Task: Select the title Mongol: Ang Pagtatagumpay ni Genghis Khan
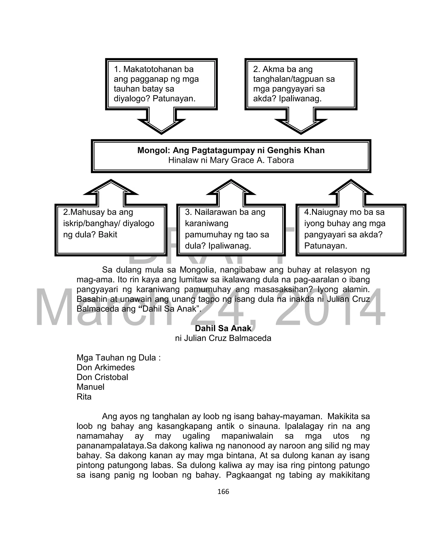pyautogui.click(x=231, y=150)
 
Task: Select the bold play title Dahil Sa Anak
pyautogui.click(x=223, y=328)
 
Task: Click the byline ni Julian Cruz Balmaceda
pyautogui.click(x=223, y=338)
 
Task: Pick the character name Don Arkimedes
pyautogui.click(x=105, y=368)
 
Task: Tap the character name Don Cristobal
pyautogui.click(x=102, y=377)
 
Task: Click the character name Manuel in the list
pyautogui.click(x=90, y=387)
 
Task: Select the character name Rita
pyautogui.click(x=84, y=397)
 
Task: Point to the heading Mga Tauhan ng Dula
pyautogui.click(x=118, y=358)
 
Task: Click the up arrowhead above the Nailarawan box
pyautogui.click(x=231, y=188)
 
